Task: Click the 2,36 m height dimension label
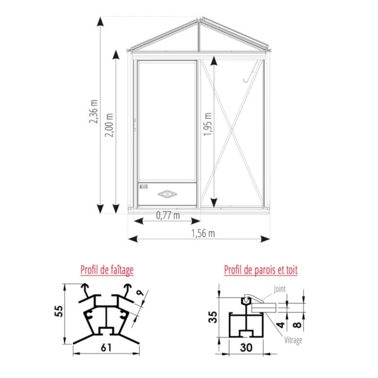[x=94, y=112]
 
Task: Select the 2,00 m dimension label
[x=109, y=125]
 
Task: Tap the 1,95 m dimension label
[x=207, y=124]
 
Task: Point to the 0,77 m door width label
[x=168, y=215]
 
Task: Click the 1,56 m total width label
[x=203, y=233]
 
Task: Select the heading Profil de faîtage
[x=107, y=270]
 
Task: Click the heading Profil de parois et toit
[x=261, y=270]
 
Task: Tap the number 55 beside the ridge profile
[x=59, y=311]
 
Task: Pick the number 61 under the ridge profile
[x=106, y=347]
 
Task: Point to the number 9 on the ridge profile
[x=140, y=292]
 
